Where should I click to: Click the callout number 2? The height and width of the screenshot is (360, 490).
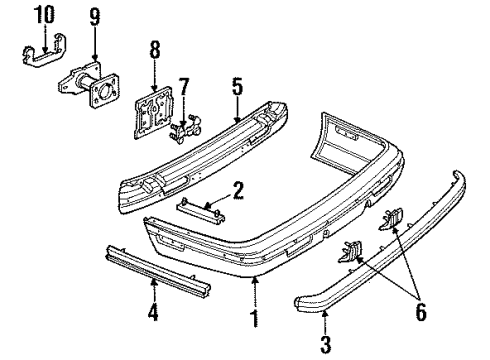(238, 190)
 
